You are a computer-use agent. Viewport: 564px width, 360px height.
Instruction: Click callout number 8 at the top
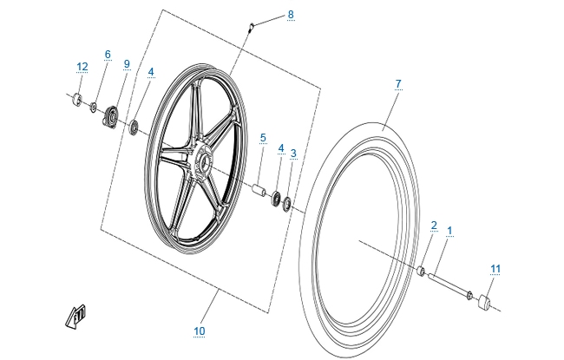(x=291, y=15)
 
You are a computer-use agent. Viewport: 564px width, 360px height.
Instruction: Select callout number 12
(x=82, y=67)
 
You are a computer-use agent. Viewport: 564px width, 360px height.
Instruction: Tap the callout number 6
(x=108, y=55)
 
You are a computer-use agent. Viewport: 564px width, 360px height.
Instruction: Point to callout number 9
(x=127, y=64)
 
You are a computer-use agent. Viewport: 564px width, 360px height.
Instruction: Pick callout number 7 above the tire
(x=398, y=84)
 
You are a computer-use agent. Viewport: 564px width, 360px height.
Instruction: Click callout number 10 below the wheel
(x=200, y=331)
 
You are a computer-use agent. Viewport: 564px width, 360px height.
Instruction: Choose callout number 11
(x=495, y=269)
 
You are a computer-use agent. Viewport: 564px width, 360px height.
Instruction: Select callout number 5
(x=262, y=137)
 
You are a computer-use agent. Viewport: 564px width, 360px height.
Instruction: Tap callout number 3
(x=293, y=154)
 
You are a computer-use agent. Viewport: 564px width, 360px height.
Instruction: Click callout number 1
(x=449, y=231)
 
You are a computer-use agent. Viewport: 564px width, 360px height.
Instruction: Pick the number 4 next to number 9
(x=151, y=72)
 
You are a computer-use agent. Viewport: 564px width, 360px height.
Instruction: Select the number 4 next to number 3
(x=280, y=149)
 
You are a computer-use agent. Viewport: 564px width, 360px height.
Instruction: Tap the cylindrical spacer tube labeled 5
(x=259, y=188)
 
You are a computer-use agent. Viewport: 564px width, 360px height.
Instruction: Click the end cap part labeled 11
(x=483, y=301)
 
